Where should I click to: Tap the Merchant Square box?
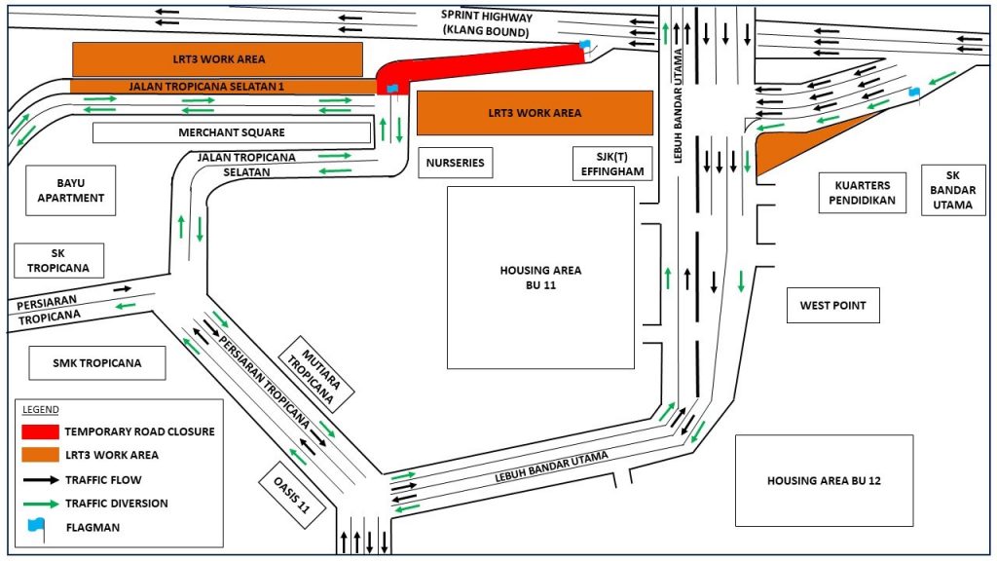(232, 132)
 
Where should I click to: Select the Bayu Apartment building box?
(71, 190)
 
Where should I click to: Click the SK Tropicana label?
(58, 261)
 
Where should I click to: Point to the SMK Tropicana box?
(96, 363)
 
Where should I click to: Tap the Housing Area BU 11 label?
(540, 278)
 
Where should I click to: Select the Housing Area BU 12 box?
(824, 480)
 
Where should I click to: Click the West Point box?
(832, 305)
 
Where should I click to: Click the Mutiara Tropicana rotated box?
(316, 371)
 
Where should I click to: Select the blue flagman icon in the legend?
(37, 526)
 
